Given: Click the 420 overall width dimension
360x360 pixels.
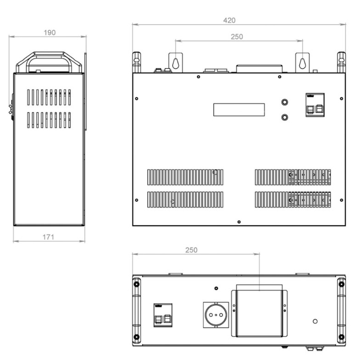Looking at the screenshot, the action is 229,20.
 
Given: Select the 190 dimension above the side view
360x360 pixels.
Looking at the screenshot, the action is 49,33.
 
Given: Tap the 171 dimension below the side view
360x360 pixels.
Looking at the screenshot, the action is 48,237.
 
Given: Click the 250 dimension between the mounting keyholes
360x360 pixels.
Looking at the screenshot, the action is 237,37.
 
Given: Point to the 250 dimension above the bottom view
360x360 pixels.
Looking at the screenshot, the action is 191,250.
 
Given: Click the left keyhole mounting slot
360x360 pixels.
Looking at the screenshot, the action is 175,64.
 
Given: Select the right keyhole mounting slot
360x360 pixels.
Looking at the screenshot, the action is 303,64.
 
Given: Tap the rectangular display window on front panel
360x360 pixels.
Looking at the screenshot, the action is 239,110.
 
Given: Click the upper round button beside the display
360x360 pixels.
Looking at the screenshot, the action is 285,102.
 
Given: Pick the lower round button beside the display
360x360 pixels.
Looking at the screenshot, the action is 285,118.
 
